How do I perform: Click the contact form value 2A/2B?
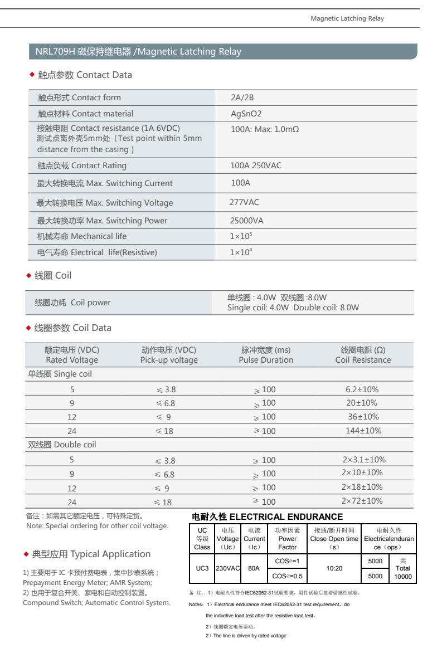point(242,98)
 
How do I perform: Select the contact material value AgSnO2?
point(246,114)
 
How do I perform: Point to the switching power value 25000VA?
point(247,220)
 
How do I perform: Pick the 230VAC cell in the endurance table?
point(227,569)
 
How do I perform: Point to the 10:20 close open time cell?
point(334,569)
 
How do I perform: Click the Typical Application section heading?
point(90,554)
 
